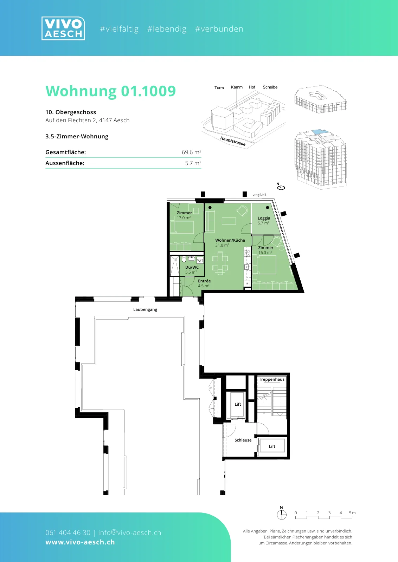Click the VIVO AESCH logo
tap(63, 28)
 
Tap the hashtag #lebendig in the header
tap(167, 29)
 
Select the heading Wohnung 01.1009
tap(110, 91)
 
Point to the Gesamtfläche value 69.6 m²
tap(191, 152)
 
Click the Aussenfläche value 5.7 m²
tap(193, 163)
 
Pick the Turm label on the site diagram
tap(219, 88)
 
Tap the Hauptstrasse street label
tap(233, 141)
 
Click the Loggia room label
tap(264, 218)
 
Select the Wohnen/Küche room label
tap(230, 240)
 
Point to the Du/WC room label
tap(192, 267)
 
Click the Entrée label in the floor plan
tap(204, 281)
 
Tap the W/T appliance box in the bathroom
tap(200, 260)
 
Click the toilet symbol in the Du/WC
tap(184, 259)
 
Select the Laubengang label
tap(145, 309)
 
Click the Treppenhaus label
tap(272, 379)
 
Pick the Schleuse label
tap(243, 440)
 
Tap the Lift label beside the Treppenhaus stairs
tap(238, 404)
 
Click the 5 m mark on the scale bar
tap(352, 513)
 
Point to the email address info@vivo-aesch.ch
tap(130, 532)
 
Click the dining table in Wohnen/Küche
tap(220, 263)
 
